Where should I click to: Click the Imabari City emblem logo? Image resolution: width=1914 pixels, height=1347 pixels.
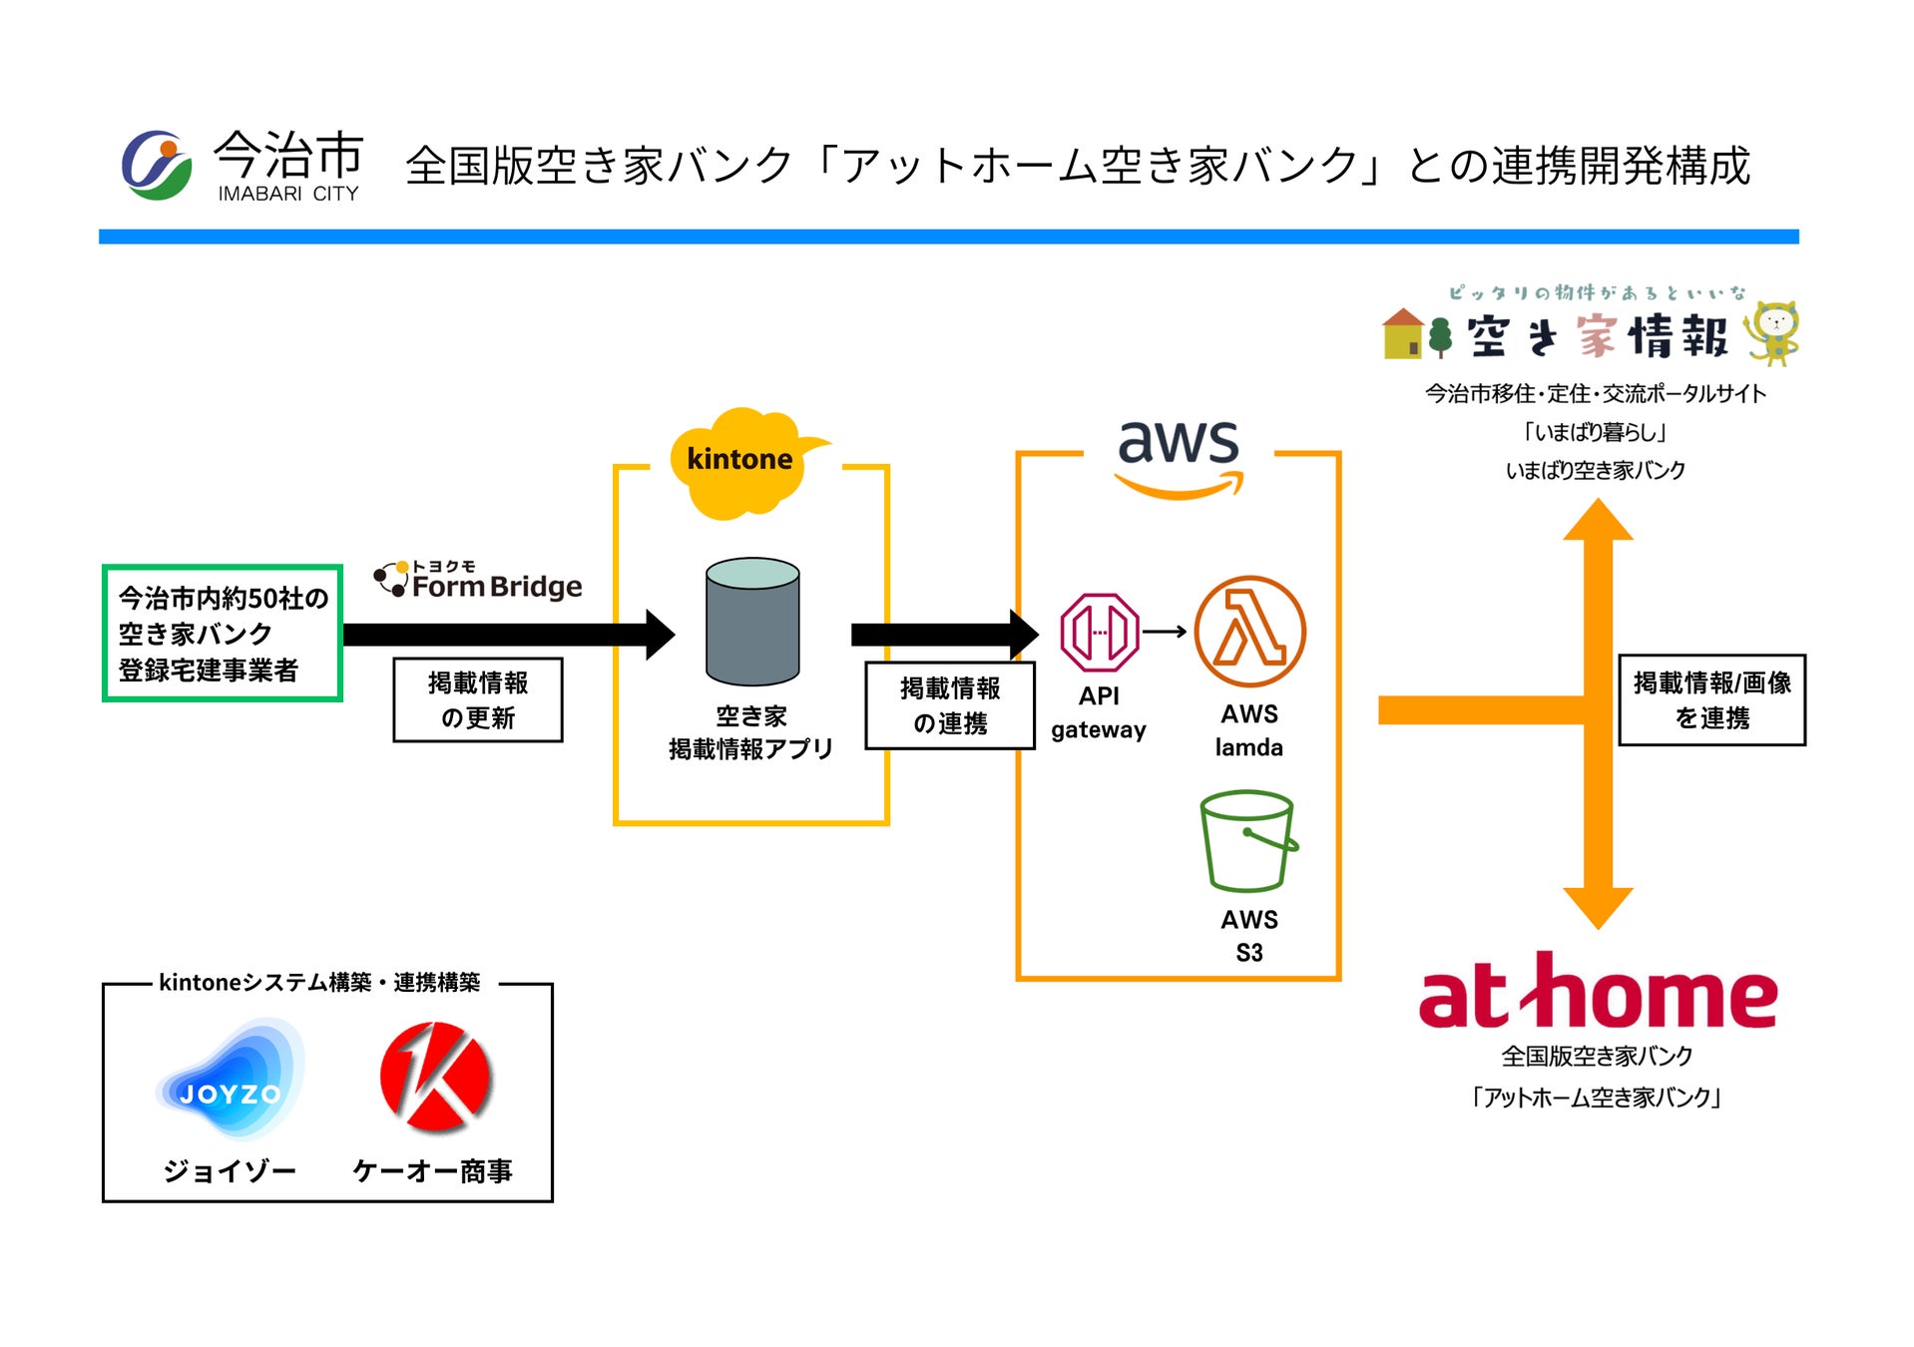tap(156, 165)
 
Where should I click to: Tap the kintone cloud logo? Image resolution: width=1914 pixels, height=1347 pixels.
tap(741, 462)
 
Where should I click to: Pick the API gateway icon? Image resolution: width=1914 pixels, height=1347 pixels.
tap(1099, 632)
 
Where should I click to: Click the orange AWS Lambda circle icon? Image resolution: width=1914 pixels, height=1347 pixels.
tap(1249, 632)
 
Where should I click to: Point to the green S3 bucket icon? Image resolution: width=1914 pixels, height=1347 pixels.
tap(1247, 841)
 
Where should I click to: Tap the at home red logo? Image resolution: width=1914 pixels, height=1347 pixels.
tap(1597, 993)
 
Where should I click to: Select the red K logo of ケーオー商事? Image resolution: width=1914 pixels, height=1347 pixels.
tap(435, 1077)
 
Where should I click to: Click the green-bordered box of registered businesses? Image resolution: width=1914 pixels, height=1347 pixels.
tap(223, 634)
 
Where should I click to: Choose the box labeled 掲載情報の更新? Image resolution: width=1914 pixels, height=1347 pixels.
tap(477, 699)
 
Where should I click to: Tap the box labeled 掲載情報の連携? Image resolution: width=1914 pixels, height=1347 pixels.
tap(949, 705)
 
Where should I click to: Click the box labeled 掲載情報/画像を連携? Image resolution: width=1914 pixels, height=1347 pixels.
tap(1710, 699)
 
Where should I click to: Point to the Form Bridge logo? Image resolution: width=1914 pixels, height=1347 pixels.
tap(479, 581)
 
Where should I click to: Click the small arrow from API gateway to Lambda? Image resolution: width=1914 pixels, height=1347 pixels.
tap(1164, 632)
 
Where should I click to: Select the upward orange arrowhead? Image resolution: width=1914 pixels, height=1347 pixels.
tap(1597, 521)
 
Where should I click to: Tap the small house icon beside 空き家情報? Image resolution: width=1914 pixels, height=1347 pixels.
tap(1402, 333)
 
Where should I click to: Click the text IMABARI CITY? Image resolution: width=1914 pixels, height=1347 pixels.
tap(287, 194)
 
